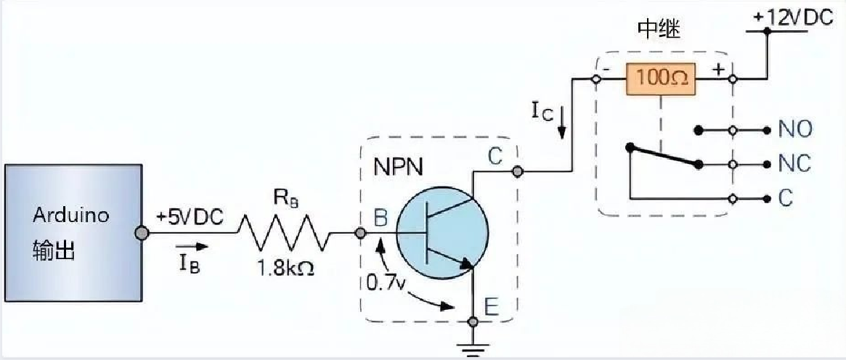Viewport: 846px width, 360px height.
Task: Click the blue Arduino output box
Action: (71, 233)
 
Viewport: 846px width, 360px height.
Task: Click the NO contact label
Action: (795, 131)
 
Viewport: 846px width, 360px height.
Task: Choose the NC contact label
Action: (795, 164)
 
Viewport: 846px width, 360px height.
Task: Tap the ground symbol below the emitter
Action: (473, 350)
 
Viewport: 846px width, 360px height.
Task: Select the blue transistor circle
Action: (444, 233)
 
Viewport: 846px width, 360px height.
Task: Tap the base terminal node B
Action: (359, 233)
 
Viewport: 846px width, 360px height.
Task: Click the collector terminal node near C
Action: (517, 172)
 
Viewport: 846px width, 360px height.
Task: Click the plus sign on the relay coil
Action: (718, 70)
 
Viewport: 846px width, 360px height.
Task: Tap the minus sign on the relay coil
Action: (604, 71)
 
